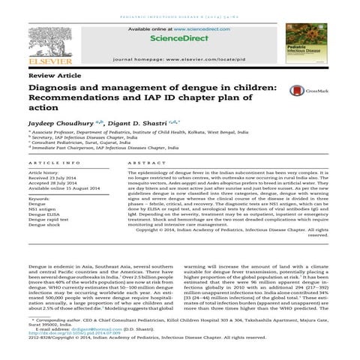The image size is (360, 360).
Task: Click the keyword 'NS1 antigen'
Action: (x=41, y=209)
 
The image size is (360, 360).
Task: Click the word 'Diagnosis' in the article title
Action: (x=56, y=88)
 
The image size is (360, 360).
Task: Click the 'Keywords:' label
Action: (x=40, y=197)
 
